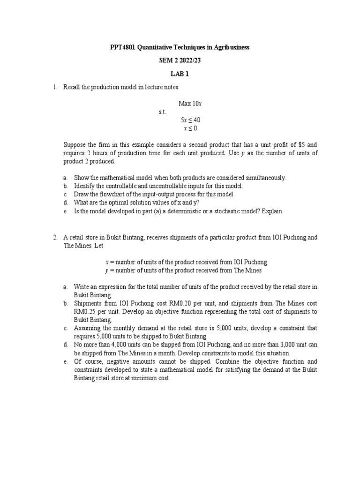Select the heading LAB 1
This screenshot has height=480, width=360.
click(180, 74)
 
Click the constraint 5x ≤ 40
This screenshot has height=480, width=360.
click(190, 120)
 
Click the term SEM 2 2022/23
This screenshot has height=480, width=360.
click(180, 61)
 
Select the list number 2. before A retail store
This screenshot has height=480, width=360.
click(55, 237)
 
